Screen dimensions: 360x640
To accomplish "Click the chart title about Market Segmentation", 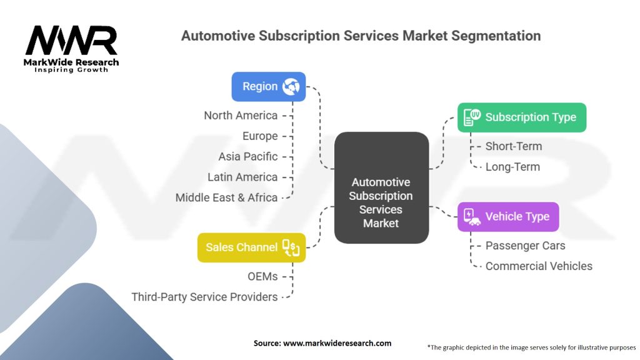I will click(361, 36).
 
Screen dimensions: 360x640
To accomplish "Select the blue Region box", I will click(269, 87).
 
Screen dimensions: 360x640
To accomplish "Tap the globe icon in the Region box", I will click(291, 87).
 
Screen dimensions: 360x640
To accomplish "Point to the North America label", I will click(241, 115).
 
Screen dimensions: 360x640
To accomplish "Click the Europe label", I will click(260, 136).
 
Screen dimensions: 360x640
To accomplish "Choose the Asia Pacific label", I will click(248, 156).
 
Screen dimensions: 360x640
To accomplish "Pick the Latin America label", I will click(242, 177).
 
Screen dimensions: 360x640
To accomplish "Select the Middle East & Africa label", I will click(226, 197).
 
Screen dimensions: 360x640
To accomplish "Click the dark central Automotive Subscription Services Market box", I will click(381, 187).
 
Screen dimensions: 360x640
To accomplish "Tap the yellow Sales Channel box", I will click(251, 247).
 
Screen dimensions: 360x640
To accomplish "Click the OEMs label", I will click(262, 276).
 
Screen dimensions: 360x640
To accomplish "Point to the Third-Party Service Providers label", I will click(204, 297).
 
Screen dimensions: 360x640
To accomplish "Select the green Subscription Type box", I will click(522, 117).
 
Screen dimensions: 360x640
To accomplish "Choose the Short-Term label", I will click(514, 146).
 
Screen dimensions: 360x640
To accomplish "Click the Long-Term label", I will click(512, 167).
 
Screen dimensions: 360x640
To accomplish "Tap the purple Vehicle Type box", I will click(508, 217).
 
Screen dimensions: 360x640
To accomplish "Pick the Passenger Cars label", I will click(525, 246).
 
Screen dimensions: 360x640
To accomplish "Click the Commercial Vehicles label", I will click(539, 266).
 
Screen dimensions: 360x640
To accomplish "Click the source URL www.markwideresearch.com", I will click(337, 343).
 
